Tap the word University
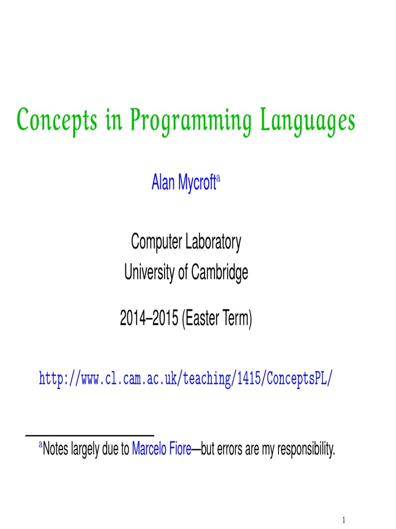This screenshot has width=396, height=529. click(x=150, y=272)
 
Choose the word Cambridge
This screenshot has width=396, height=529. click(x=220, y=272)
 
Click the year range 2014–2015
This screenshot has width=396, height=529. click(x=148, y=320)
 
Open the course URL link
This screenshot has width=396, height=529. click(x=186, y=379)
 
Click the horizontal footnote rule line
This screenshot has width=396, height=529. click(x=90, y=435)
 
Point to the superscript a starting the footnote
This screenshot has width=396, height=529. click(x=41, y=445)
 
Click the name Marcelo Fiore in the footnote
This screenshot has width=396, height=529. click(x=161, y=449)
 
